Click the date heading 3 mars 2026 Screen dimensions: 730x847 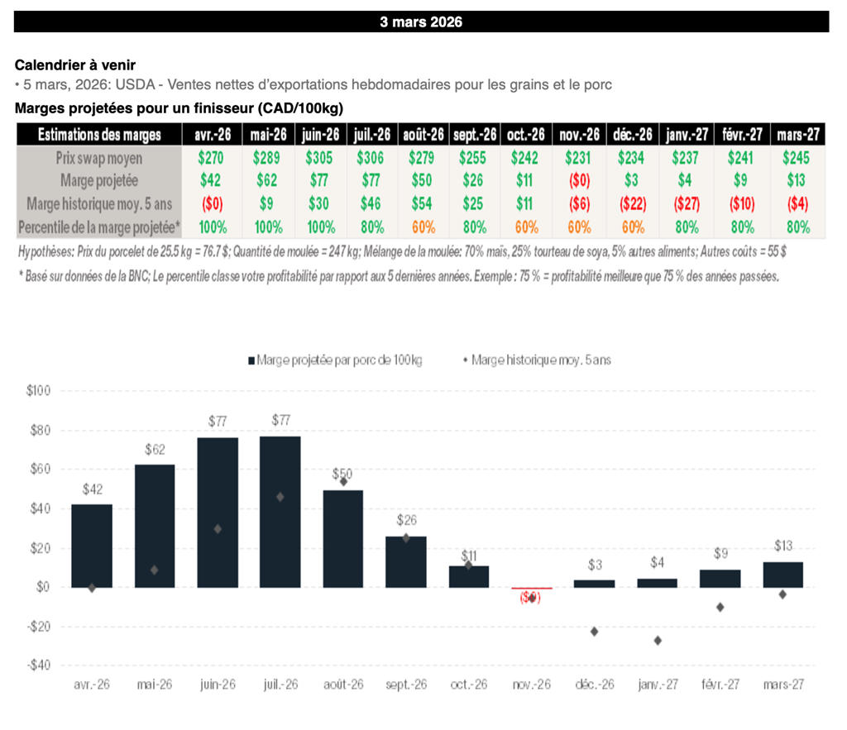[421, 22]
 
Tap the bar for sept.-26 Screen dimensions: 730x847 [406, 561]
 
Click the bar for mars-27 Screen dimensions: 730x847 [782, 575]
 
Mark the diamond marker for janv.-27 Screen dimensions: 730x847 [658, 640]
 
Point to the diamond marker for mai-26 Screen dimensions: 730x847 [155, 570]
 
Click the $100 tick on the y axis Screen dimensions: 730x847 [39, 391]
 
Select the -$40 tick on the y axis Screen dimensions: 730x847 [39, 665]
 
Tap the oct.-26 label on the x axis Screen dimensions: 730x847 [469, 685]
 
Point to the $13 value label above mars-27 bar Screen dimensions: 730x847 [783, 546]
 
